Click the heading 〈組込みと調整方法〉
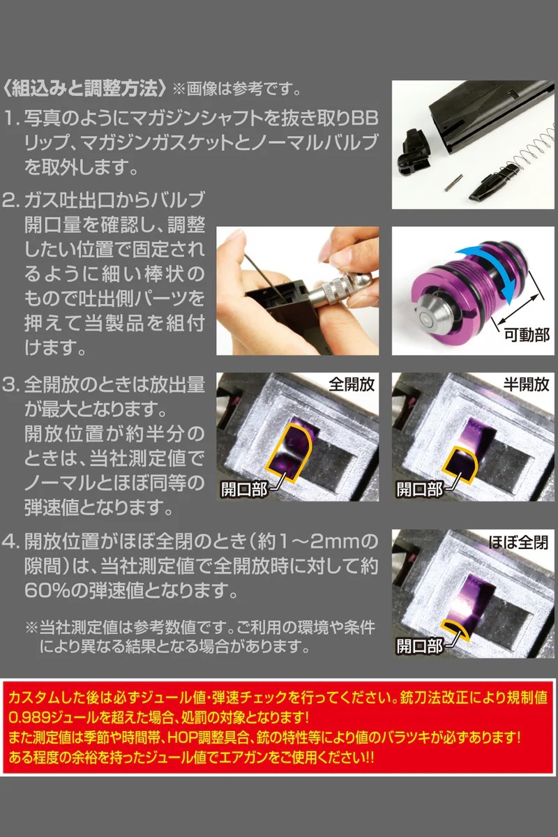[x=84, y=90]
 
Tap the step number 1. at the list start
[x=13, y=119]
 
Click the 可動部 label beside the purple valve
[x=527, y=335]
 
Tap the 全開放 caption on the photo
[x=352, y=384]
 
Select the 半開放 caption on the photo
[x=526, y=384]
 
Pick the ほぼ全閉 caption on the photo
[x=518, y=542]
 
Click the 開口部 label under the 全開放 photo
[x=243, y=489]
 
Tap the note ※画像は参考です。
[x=236, y=91]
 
